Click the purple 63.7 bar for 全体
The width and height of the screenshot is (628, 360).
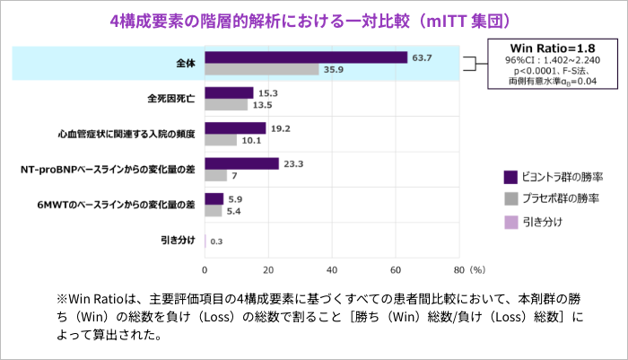[x=306, y=57]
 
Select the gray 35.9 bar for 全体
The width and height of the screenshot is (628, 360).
[x=262, y=69]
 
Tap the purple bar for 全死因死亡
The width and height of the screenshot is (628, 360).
[x=230, y=92]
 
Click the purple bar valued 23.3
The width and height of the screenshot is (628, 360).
[x=242, y=163]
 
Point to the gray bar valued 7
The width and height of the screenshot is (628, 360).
[x=216, y=175]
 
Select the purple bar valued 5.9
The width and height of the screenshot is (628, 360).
[x=214, y=198]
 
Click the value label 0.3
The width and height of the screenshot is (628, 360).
[x=215, y=241]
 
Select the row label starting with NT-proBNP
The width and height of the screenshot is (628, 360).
[x=109, y=170]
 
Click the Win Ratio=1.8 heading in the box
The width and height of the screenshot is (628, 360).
[x=548, y=47]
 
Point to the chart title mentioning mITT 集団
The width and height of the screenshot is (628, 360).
[x=313, y=18]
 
